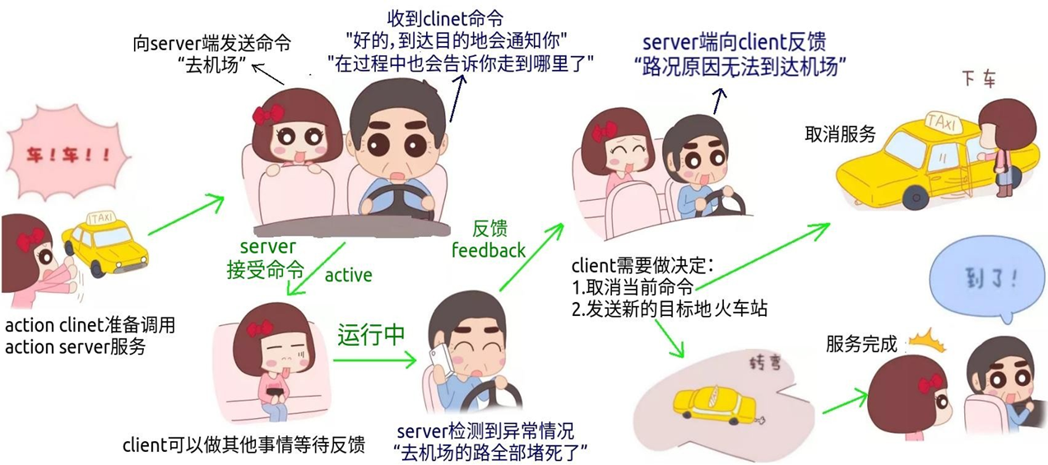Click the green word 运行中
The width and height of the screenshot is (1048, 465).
click(x=371, y=335)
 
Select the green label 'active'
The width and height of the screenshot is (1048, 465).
click(x=348, y=275)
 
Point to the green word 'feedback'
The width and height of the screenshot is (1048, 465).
click(x=489, y=249)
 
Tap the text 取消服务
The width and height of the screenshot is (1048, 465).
click(x=840, y=135)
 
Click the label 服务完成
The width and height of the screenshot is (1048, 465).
click(x=861, y=344)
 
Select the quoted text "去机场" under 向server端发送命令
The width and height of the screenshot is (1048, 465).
click(x=212, y=66)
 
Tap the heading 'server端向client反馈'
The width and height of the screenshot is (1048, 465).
click(x=734, y=42)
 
